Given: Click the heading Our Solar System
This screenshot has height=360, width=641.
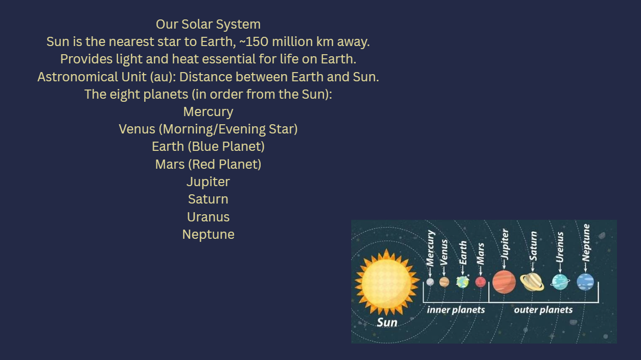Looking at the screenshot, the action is pos(208,25).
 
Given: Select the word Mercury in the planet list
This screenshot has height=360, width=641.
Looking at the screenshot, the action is pos(208,112).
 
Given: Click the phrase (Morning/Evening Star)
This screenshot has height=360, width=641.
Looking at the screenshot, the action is pos(228,129).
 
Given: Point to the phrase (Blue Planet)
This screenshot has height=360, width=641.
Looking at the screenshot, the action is pos(226,147).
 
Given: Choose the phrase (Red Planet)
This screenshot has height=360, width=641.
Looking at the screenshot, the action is pos(224,165).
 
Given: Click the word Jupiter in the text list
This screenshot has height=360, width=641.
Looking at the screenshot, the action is pos(208,182).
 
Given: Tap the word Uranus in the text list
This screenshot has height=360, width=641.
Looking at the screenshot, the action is pos(208,217).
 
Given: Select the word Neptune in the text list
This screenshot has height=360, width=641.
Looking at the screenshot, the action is pos(208,235).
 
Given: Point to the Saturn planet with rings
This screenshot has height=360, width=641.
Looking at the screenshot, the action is pos(532,282).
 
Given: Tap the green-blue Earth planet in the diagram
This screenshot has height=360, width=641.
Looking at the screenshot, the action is pos(463,282).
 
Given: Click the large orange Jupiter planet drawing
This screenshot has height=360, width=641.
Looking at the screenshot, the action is pos(504,282).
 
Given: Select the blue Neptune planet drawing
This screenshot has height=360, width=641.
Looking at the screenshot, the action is pos(585,282).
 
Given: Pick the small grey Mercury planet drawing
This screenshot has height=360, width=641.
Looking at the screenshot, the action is pos(430,282).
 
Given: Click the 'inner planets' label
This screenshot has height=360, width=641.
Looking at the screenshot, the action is pos(456,310).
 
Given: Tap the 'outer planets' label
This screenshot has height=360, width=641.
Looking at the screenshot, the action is pos(543,310).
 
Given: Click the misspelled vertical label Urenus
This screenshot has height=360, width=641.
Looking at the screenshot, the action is pos(560,247).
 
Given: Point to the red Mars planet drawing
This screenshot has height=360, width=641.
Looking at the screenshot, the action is pos(480,282).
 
